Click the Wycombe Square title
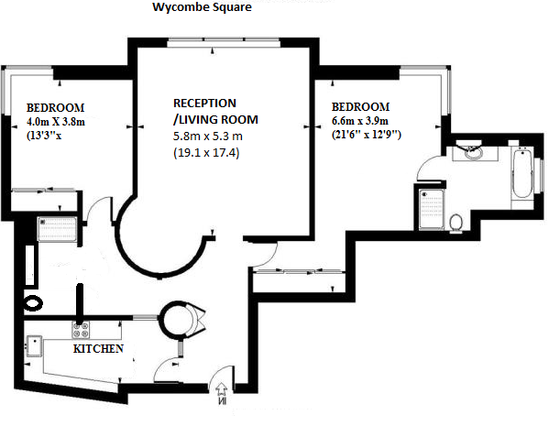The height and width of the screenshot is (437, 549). click(202, 7)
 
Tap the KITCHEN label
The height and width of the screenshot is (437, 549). click(98, 349)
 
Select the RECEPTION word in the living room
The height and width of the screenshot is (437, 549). click(204, 104)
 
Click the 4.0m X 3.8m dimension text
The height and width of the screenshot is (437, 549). click(56, 122)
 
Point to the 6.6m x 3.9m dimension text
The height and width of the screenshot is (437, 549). click(360, 121)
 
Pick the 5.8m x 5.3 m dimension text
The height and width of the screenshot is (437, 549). click(208, 136)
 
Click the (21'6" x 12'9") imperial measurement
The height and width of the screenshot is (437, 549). click(367, 135)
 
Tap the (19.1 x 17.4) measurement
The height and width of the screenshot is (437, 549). click(206, 153)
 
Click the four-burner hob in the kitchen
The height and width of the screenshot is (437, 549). click(81, 330)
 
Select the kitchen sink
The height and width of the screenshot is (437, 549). click(34, 346)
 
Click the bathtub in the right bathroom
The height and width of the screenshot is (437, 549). click(522, 173)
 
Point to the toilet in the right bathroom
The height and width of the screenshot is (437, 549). click(456, 223)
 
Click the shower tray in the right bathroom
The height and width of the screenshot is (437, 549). click(432, 210)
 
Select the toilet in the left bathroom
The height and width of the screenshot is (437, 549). click(33, 303)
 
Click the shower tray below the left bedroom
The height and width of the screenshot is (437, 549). click(57, 229)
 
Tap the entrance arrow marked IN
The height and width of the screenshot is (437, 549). click(222, 394)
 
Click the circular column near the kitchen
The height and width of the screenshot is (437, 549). click(175, 320)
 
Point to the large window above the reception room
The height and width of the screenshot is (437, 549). click(224, 43)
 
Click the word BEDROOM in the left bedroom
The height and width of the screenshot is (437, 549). click(56, 108)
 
